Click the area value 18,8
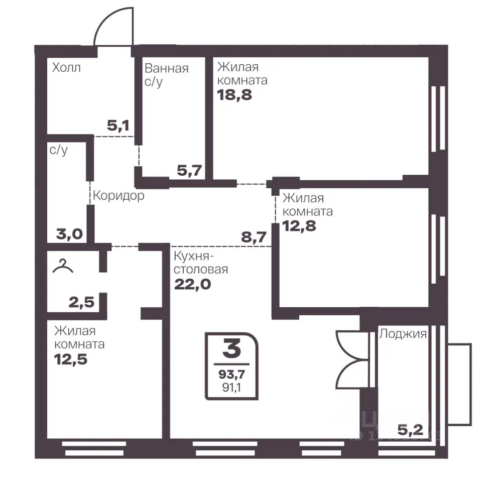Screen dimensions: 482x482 (234, 95)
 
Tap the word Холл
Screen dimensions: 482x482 (66, 67)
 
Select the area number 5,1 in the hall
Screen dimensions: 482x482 (118, 126)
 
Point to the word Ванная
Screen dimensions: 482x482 (166, 68)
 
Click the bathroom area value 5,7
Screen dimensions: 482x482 (189, 170)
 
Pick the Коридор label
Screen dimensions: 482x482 (118, 195)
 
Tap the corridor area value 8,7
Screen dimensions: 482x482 (254, 237)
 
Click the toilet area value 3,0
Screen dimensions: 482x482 (69, 234)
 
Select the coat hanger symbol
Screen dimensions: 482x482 (63, 266)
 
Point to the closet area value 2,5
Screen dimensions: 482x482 (81, 302)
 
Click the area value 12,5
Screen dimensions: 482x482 (71, 359)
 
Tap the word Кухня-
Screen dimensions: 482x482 (194, 256)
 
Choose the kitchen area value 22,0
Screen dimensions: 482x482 (193, 284)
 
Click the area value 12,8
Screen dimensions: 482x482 (299, 226)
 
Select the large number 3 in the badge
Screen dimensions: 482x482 (232, 349)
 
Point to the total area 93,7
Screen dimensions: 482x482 (232, 374)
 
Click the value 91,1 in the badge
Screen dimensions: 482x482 (232, 388)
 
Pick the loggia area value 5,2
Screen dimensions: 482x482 (410, 430)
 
